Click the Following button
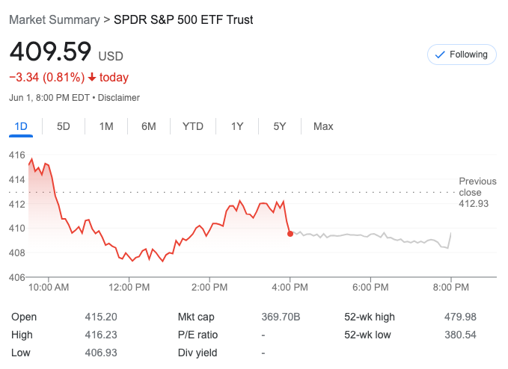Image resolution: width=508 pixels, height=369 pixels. (462, 55)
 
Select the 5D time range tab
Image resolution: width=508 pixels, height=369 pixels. (64, 126)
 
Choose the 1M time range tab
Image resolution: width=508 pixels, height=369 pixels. (106, 126)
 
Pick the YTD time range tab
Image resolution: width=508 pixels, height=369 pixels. (193, 126)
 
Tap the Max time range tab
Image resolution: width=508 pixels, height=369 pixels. (323, 126)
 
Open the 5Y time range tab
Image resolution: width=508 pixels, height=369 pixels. (280, 126)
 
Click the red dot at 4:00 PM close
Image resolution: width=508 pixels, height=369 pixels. (290, 233)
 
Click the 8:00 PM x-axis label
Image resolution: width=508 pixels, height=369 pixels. (451, 287)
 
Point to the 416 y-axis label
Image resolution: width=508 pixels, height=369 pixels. (16, 155)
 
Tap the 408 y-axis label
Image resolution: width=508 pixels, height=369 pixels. (16, 252)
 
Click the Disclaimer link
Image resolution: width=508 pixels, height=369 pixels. (119, 97)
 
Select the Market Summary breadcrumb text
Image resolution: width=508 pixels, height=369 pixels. (54, 19)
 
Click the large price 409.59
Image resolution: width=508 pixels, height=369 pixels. (50, 52)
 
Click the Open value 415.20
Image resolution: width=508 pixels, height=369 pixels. (101, 317)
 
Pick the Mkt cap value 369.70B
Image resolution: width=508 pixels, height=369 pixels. (281, 317)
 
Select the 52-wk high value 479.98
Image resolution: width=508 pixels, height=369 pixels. (460, 317)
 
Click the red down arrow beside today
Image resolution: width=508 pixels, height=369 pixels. (92, 77)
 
